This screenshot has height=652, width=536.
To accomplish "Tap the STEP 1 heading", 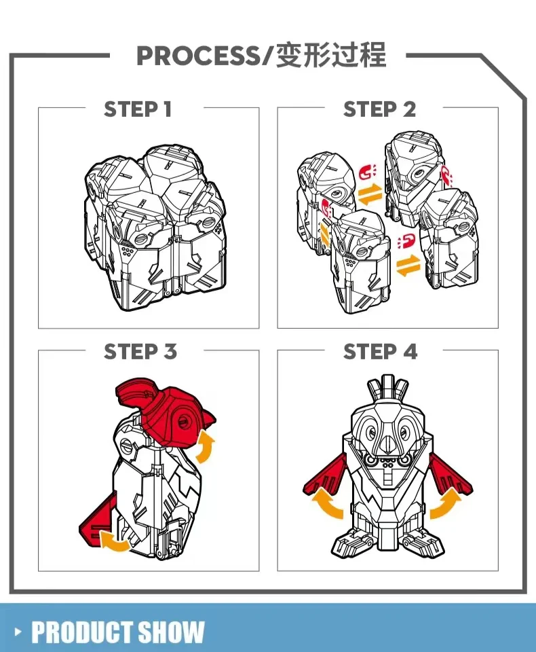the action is point(138,109).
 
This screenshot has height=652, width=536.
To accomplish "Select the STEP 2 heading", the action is point(379,109).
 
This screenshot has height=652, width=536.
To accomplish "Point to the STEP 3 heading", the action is point(140,351).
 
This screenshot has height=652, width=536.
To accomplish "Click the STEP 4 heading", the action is point(380,351).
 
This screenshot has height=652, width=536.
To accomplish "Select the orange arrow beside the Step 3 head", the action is point(206,447).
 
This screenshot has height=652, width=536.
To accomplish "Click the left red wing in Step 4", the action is point(326,477).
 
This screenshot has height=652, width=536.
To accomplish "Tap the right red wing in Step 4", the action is point(450,477).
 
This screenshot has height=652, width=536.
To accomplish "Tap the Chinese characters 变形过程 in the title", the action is point(331,55).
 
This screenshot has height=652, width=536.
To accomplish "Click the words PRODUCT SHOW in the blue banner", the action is point(118,632).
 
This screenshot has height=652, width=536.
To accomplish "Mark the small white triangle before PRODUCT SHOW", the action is point(18,632).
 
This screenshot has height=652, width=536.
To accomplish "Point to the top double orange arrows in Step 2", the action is point(370,195).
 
